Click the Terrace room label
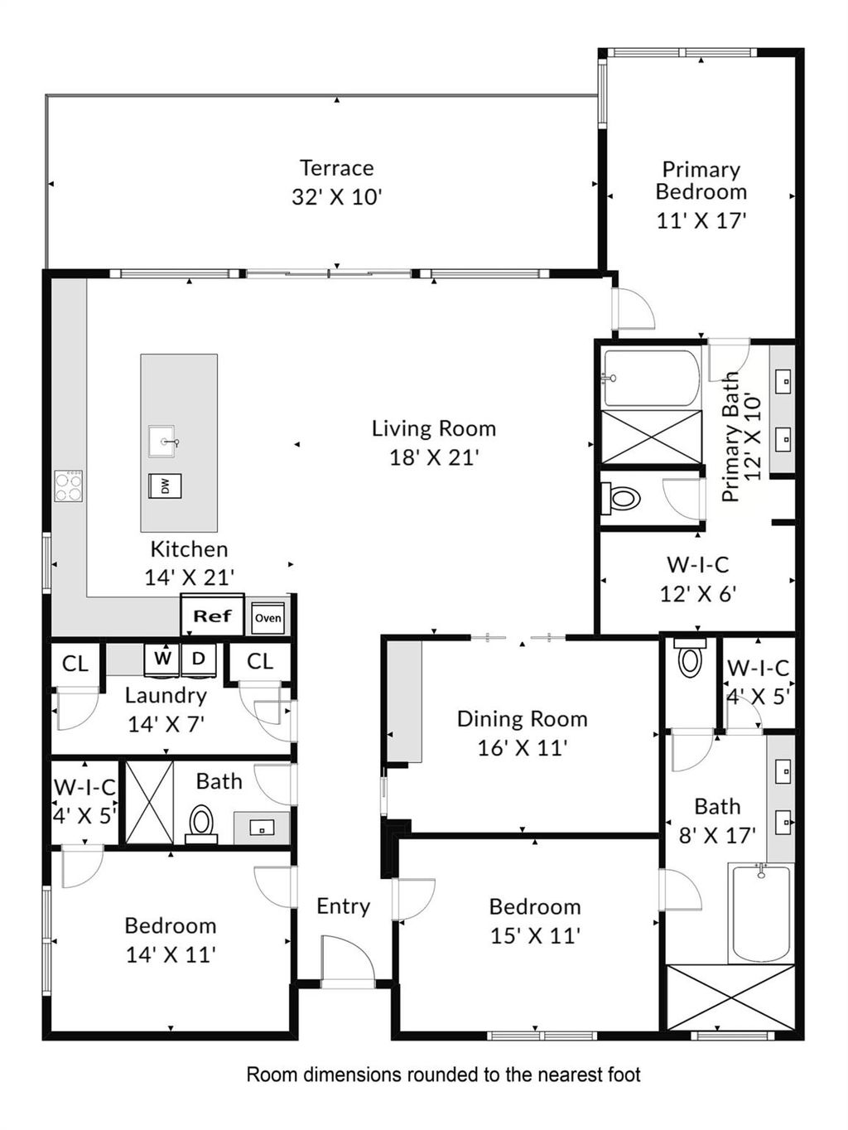336,168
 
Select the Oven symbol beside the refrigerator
268,617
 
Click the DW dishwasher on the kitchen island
165,486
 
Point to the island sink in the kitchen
162,442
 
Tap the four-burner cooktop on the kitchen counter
69,486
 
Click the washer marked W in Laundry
162,659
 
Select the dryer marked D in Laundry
199,659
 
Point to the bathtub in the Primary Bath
652,378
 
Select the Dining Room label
523,719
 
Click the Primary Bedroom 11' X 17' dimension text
701,221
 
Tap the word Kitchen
189,549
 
